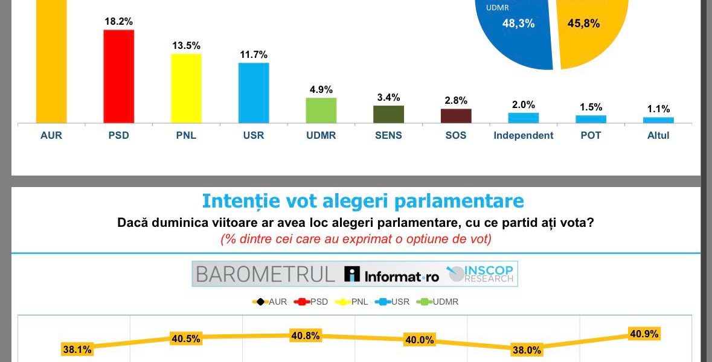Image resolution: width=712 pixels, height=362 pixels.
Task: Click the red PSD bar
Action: tap(118, 76)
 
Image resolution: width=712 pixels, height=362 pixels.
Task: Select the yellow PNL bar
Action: tap(186, 88)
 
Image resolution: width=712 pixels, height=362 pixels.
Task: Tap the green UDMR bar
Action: tap(321, 110)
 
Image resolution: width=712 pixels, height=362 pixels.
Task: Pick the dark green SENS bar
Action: tap(388, 114)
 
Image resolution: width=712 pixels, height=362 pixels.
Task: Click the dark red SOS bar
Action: tap(456, 116)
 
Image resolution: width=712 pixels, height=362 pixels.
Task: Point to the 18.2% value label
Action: tap(118, 21)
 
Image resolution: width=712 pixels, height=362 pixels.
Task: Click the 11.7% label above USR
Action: tap(253, 54)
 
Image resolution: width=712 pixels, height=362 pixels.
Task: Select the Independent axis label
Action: tap(523, 135)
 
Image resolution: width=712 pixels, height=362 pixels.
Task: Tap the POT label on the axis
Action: tap(591, 135)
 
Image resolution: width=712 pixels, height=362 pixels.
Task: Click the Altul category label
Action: tap(658, 135)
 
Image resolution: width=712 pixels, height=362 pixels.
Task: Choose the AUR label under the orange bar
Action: tap(51, 135)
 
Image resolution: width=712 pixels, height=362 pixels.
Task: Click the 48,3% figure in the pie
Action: tap(518, 24)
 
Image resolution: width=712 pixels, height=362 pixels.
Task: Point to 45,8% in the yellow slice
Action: tap(583, 24)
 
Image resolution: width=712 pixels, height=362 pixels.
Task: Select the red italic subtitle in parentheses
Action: tap(356, 239)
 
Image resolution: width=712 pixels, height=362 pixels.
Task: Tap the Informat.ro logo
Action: tap(391, 275)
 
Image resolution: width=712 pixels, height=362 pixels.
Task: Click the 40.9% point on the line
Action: tap(644, 334)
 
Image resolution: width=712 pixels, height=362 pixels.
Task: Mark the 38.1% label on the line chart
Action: tap(77, 349)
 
